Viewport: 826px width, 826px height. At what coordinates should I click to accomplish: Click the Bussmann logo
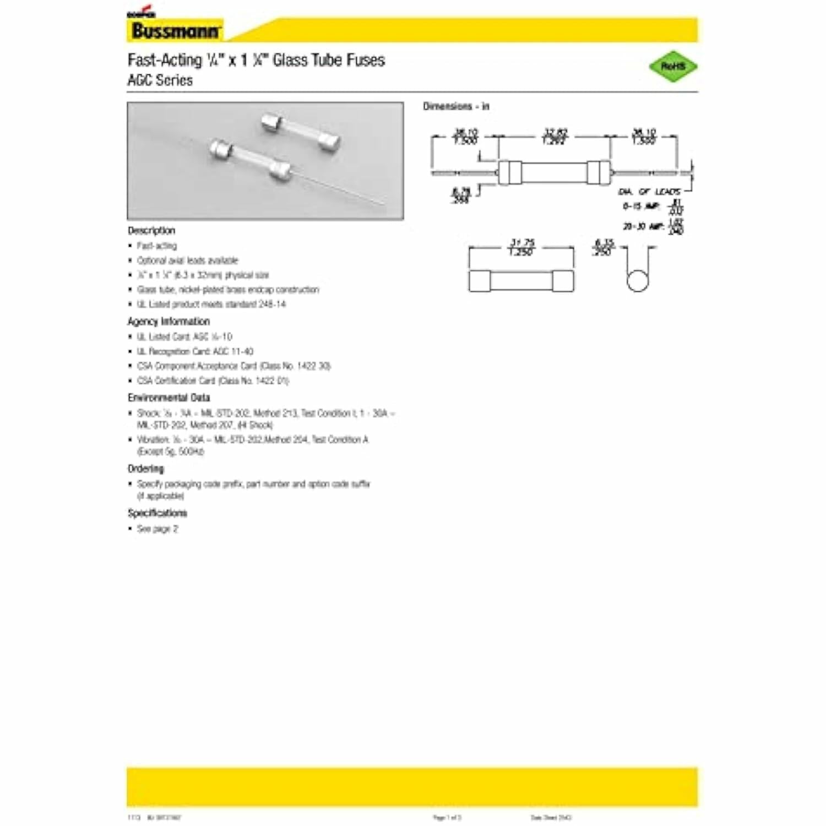pos(175,30)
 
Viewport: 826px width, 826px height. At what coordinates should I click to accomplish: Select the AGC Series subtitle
pos(160,80)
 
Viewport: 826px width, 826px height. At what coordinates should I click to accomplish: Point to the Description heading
pos(151,230)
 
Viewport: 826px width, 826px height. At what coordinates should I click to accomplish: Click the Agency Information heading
pos(169,321)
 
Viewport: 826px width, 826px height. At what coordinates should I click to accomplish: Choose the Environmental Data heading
pos(169,397)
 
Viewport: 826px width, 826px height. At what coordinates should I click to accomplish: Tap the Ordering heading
pos(146,469)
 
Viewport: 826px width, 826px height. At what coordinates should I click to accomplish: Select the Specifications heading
pos(157,513)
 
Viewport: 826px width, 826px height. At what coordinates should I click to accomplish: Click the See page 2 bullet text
pos(157,529)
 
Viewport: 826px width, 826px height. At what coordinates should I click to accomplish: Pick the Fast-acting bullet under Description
pos(157,246)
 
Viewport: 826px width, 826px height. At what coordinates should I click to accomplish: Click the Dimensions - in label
pos(456,106)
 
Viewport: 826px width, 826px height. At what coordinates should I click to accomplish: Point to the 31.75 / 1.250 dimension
pos(521,247)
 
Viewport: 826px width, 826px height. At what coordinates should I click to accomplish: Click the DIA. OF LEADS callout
pos(649,192)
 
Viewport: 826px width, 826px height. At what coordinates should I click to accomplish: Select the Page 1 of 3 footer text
pos(447,818)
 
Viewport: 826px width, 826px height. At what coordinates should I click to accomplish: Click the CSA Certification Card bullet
pos(213,381)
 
